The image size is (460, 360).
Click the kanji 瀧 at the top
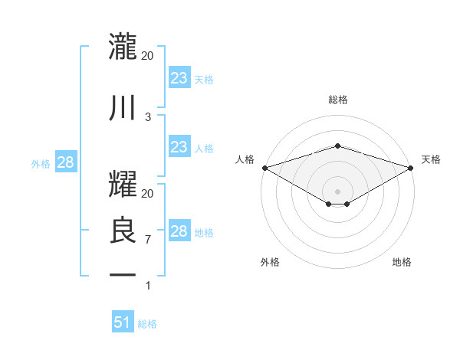(x=123, y=47)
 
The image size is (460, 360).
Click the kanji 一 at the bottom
(x=123, y=274)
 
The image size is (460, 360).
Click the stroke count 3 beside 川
(x=148, y=116)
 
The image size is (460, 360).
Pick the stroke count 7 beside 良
(x=148, y=240)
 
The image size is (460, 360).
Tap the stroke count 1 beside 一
(x=148, y=286)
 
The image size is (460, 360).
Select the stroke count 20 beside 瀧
(x=148, y=56)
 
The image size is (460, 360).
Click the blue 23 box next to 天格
(x=179, y=78)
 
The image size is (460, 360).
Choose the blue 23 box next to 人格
(x=179, y=147)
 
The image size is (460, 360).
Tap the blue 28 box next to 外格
(x=65, y=162)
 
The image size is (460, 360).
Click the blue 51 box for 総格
(x=123, y=322)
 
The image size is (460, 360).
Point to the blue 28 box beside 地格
(x=179, y=231)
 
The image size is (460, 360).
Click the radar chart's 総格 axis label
(x=337, y=100)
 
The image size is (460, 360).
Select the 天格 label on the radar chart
(x=432, y=159)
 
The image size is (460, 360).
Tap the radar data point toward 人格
(x=264, y=168)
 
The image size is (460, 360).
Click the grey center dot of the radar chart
(x=337, y=190)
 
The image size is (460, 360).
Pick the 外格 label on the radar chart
(x=270, y=262)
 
